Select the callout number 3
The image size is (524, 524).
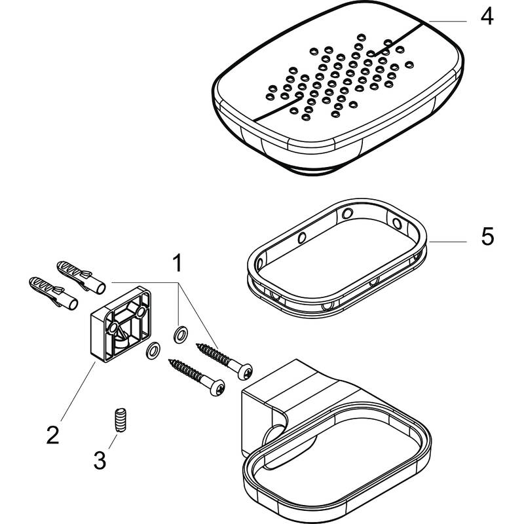(99, 461)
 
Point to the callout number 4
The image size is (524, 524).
(485, 16)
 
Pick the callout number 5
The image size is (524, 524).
(487, 236)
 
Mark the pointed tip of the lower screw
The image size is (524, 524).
(171, 360)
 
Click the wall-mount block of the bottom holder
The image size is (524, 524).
(262, 413)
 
